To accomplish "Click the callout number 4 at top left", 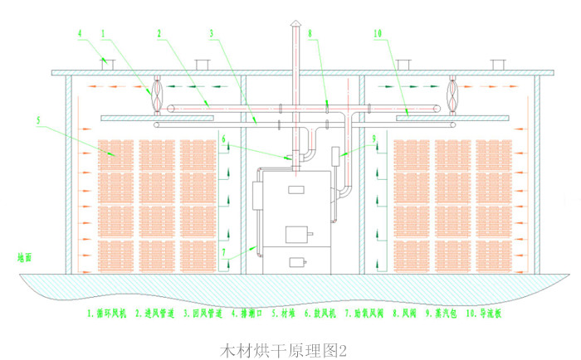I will tap(81, 34).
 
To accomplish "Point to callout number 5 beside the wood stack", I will tap(38, 119).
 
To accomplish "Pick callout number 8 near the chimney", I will tap(310, 34).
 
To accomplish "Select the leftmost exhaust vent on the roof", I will tap(105, 63).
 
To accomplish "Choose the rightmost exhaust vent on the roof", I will tap(498, 64).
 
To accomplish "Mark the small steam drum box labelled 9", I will tap(337, 155).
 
